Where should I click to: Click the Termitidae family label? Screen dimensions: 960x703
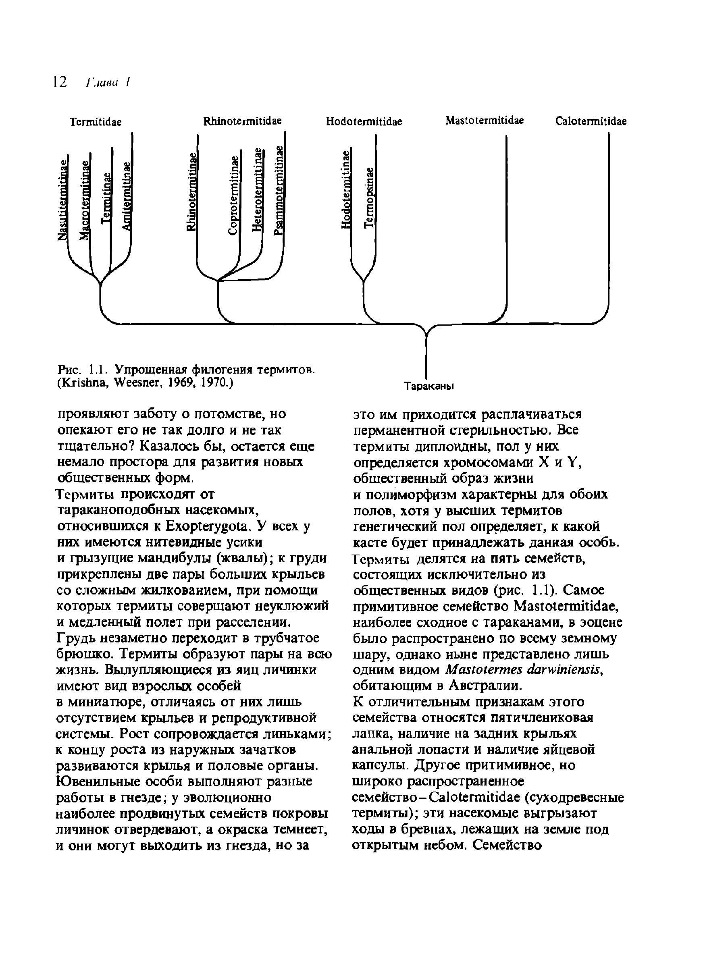[x=96, y=122]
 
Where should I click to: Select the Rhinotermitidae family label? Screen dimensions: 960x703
[x=243, y=121]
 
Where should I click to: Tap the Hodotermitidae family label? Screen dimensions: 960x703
[x=364, y=122]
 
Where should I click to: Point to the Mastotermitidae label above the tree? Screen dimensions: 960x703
[x=485, y=121]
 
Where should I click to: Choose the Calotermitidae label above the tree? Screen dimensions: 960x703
[x=591, y=122]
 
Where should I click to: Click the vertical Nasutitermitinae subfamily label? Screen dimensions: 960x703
[x=63, y=199]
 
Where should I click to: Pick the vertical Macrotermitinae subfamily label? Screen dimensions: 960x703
[x=85, y=200]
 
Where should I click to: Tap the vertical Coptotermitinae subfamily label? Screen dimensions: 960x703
[x=233, y=195]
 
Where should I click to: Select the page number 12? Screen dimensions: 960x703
[x=60, y=82]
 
